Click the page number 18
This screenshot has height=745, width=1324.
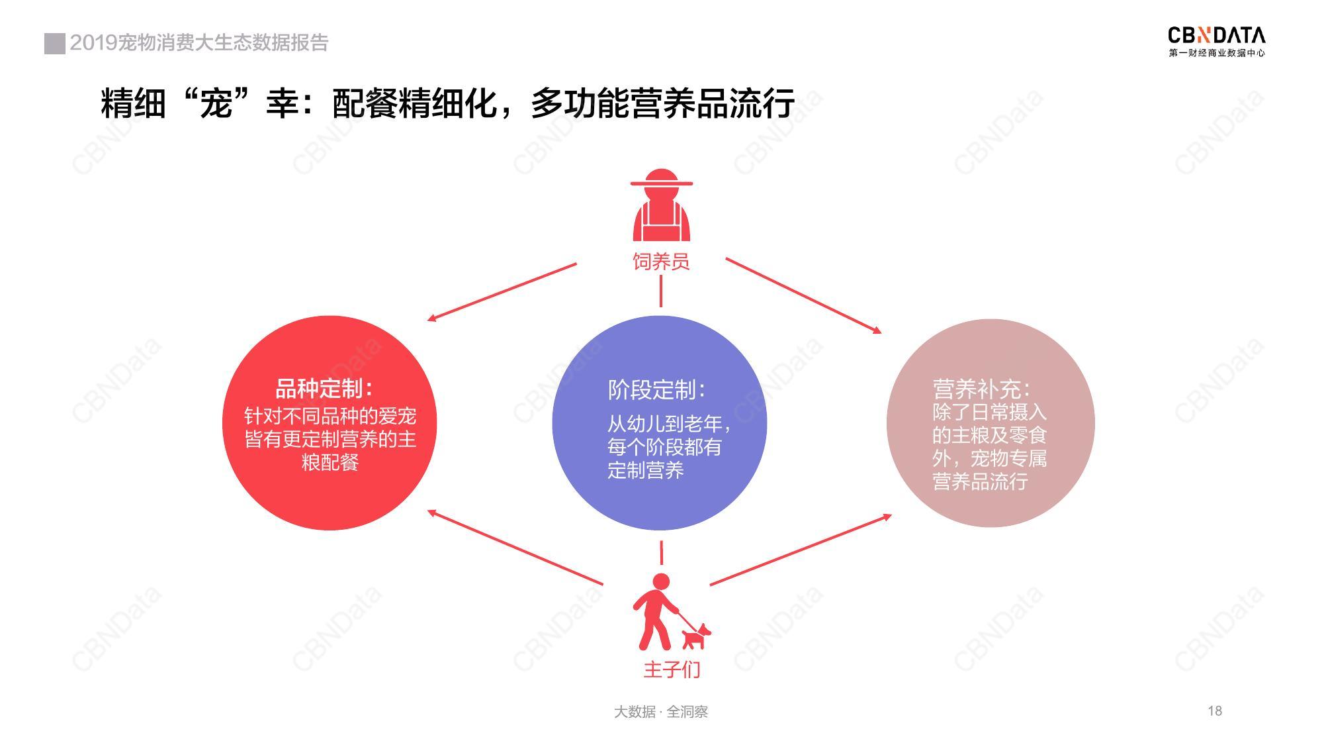(1215, 711)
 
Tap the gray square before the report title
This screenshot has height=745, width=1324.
(55, 43)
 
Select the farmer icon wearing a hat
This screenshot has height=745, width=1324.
(661, 205)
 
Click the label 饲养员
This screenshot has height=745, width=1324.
(661, 262)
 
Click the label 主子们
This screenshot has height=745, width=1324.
(672, 669)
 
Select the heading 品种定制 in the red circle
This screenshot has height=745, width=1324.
(324, 389)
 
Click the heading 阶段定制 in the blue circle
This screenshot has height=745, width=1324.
(656, 390)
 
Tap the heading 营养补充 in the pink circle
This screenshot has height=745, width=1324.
(981, 389)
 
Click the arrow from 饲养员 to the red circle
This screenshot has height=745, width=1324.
(502, 292)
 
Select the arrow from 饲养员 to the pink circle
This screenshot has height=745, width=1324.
(804, 295)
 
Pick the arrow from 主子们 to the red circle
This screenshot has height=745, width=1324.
(515, 547)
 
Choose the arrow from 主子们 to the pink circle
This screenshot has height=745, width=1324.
(801, 550)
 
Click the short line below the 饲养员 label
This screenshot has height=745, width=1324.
(660, 291)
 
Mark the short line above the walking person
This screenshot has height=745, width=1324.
(661, 552)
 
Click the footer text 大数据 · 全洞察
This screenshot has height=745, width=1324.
(661, 712)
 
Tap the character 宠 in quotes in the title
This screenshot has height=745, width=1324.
(216, 103)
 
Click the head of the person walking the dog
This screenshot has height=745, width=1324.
(661, 582)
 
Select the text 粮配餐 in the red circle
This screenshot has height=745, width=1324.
(330, 462)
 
